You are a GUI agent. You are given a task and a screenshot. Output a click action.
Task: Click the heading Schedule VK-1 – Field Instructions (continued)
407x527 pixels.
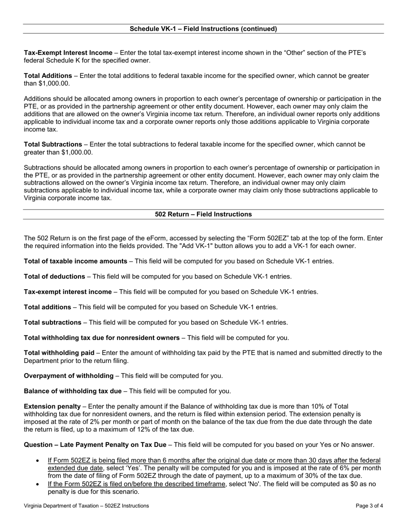point(203,29)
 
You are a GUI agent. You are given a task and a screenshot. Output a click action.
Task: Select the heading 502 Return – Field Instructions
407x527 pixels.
point(203,214)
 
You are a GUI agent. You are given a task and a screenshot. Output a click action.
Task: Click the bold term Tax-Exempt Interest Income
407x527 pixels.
point(68,53)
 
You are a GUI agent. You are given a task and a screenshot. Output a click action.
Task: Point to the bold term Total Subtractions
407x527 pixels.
point(53,144)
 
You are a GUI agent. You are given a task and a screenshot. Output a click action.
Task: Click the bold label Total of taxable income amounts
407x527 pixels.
point(75,261)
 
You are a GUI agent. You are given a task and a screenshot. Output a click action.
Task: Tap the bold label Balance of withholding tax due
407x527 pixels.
point(73,391)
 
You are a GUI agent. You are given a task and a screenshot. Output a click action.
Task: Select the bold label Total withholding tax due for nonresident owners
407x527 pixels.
point(102,338)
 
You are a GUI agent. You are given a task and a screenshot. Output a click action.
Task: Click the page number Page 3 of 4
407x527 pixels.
point(369,506)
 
